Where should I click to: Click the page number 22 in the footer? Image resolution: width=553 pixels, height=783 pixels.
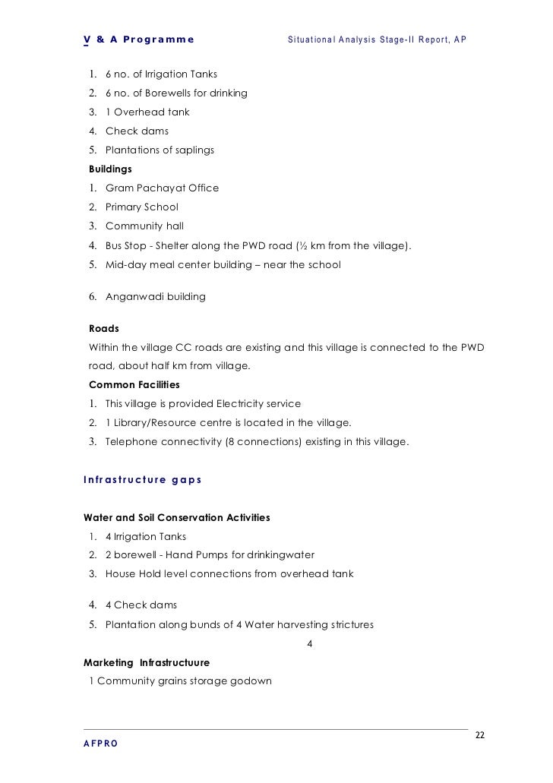[x=479, y=736]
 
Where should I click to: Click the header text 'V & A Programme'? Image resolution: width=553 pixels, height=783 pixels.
[x=138, y=39]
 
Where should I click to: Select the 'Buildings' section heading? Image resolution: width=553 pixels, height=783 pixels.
[x=110, y=169]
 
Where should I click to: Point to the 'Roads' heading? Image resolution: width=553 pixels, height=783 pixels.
[x=104, y=330]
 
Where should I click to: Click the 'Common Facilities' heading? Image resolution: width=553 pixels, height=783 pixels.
[x=134, y=384]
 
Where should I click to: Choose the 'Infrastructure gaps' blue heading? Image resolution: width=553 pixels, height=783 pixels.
[x=137, y=479]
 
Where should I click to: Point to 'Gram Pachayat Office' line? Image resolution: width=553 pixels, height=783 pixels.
[x=162, y=188]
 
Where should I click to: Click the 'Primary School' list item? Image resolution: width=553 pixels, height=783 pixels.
[x=142, y=207]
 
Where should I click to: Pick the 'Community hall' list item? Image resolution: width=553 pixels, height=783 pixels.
[x=144, y=226]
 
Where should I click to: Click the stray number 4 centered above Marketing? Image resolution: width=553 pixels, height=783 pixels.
[x=308, y=644]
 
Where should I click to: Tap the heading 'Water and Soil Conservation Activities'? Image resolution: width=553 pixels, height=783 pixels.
[x=176, y=517]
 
